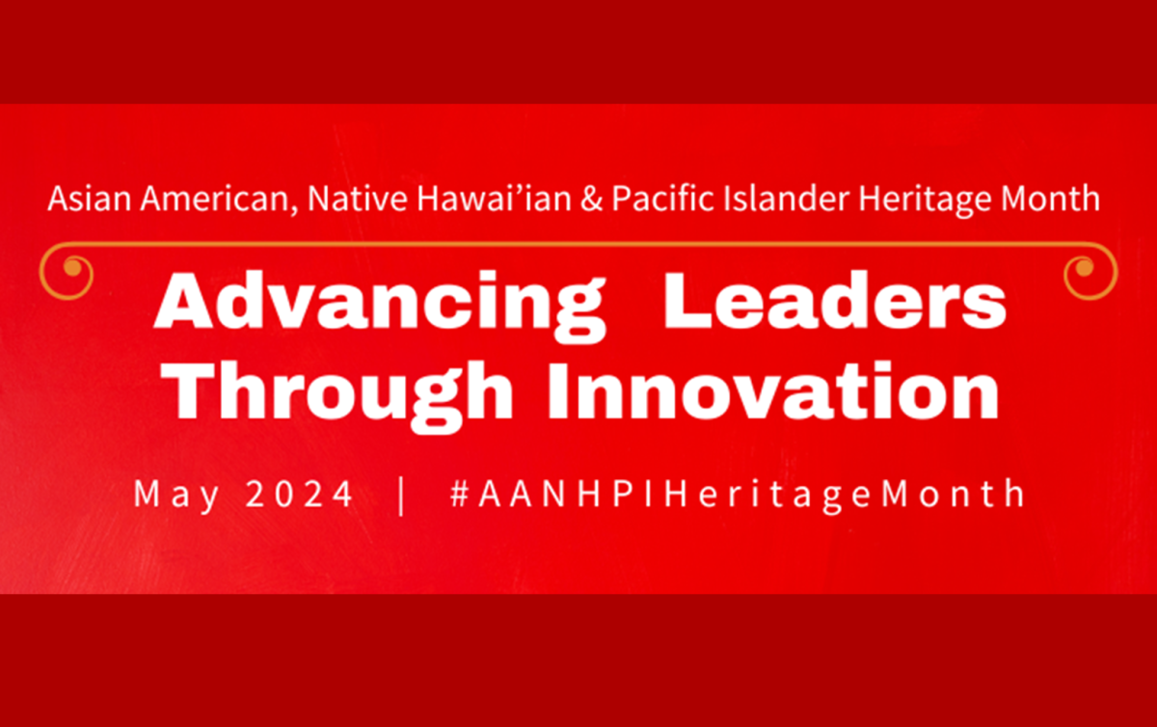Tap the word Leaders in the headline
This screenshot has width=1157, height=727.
click(x=835, y=301)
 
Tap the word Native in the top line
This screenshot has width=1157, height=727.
click(x=337, y=199)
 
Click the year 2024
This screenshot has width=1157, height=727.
click(x=300, y=495)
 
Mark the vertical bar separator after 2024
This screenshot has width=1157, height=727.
click(x=401, y=494)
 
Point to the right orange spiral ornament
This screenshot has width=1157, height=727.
click(x=1089, y=272)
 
